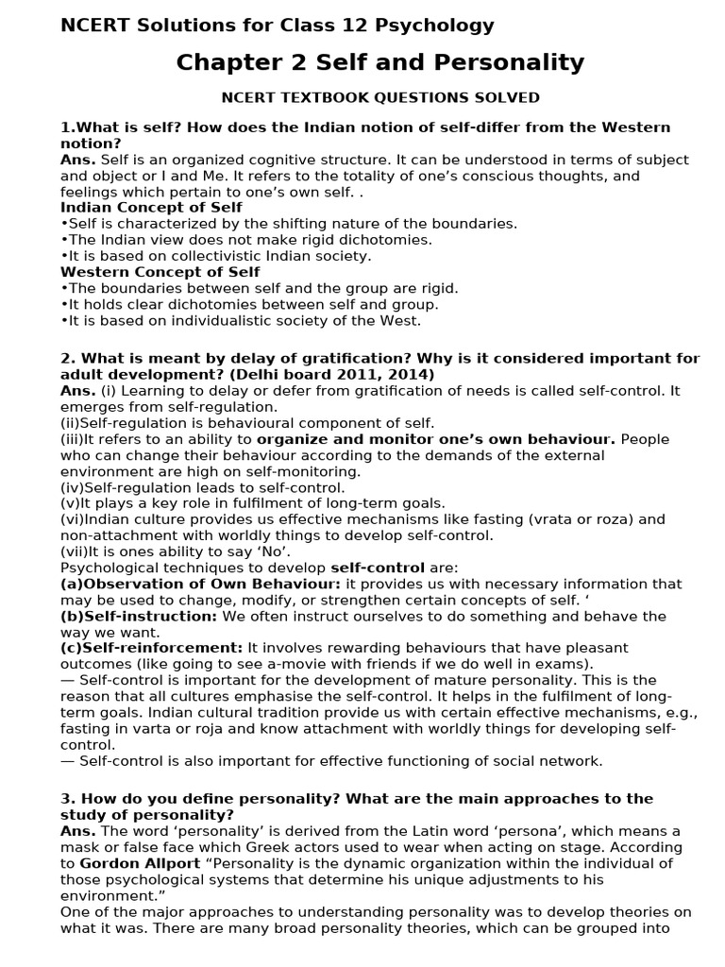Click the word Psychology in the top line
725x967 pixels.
[x=433, y=25]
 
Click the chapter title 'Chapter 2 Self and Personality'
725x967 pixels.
[x=380, y=63]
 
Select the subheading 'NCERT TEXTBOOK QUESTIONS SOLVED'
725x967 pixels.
[x=380, y=97]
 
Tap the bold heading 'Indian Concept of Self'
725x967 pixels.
[x=151, y=208]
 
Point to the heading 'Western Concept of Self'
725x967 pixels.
[x=160, y=272]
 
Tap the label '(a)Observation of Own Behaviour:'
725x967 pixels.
[x=200, y=584]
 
